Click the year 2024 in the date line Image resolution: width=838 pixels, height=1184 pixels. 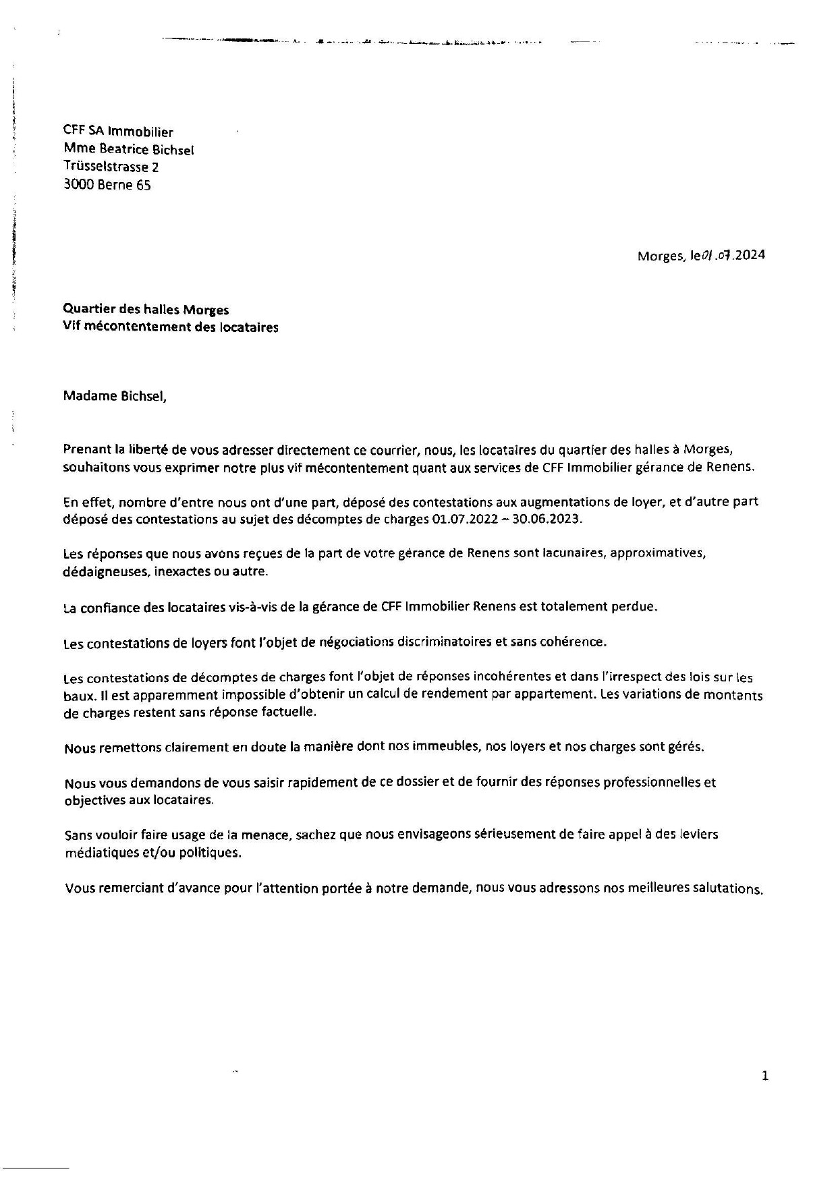pos(750,255)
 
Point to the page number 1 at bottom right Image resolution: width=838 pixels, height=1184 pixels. pos(764,1075)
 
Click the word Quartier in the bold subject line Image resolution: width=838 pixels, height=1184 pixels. pos(87,310)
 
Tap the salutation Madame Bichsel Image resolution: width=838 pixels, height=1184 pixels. pos(114,396)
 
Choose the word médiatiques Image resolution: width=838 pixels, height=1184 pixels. pos(101,852)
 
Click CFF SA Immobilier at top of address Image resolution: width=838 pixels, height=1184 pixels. pos(118,132)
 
